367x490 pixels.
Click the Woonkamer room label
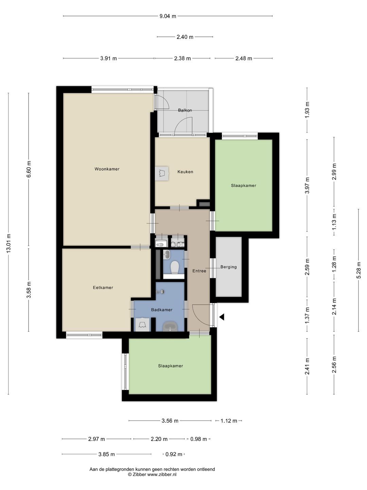click(x=107, y=169)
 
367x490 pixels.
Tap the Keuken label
click(x=185, y=171)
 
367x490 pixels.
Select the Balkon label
click(x=185, y=110)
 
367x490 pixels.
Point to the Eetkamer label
click(x=103, y=288)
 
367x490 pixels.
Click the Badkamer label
click(x=162, y=310)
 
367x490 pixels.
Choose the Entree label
click(x=199, y=271)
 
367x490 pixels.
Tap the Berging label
click(x=228, y=267)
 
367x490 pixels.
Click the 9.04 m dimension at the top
click(x=168, y=16)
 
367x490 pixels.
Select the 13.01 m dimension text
click(x=8, y=243)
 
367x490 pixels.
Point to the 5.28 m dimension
click(x=359, y=270)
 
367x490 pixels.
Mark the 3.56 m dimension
click(x=170, y=421)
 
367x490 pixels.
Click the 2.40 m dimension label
click(x=185, y=37)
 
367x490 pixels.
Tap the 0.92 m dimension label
click(x=174, y=454)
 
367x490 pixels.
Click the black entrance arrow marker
click(x=222, y=317)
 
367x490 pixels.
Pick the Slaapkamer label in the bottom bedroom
click(x=171, y=366)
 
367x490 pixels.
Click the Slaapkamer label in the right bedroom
click(x=244, y=185)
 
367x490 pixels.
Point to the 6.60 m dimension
click(x=29, y=169)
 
